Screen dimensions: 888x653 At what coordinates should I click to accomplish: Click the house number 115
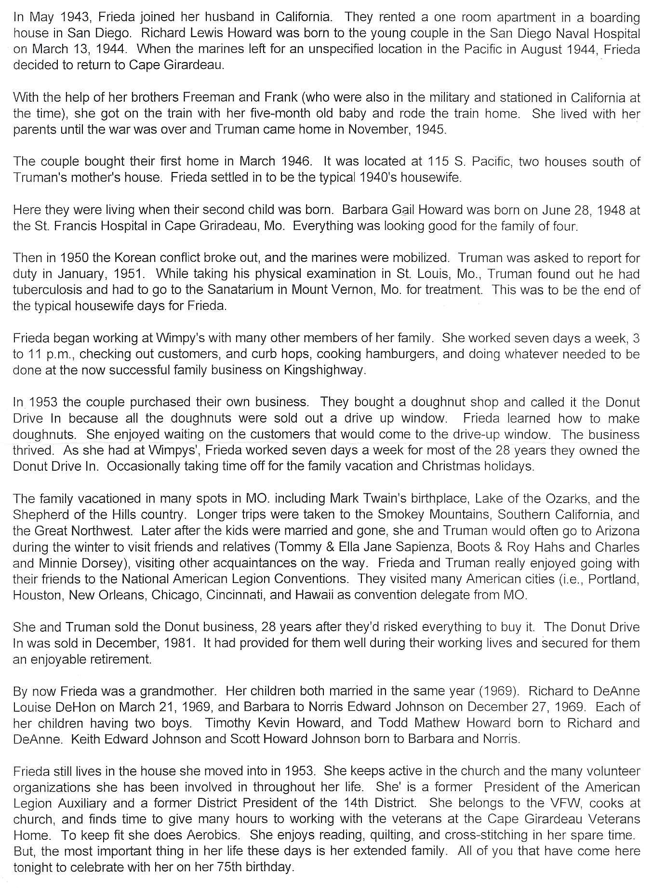click(x=437, y=161)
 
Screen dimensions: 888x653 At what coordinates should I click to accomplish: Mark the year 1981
click(x=178, y=643)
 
